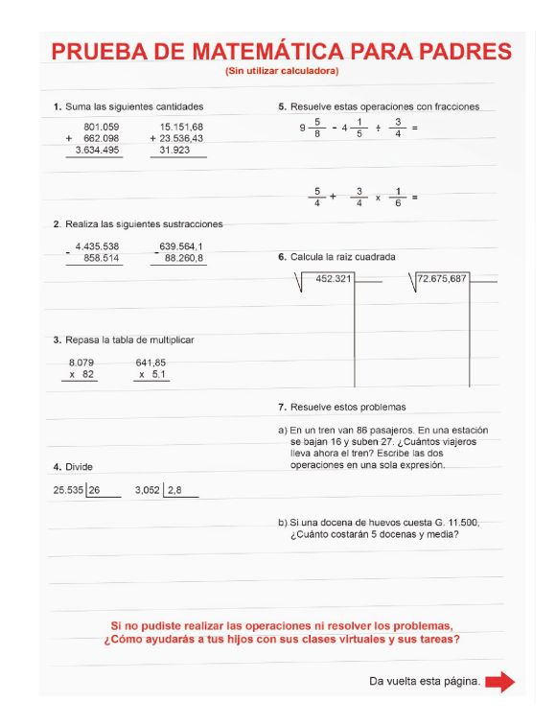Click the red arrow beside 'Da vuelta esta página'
tap(499, 682)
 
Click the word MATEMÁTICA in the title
tap(274, 52)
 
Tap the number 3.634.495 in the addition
tap(99, 150)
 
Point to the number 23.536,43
tap(181, 138)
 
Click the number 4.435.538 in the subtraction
tap(97, 246)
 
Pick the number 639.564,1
tap(181, 246)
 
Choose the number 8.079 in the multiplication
tap(81, 362)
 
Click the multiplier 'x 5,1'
tap(153, 375)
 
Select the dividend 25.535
tap(68, 490)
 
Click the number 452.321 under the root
tap(334, 279)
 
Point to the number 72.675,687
tap(442, 279)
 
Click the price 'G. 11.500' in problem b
tap(455, 523)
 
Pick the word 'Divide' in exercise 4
tap(79, 467)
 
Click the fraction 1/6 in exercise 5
tap(398, 197)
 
